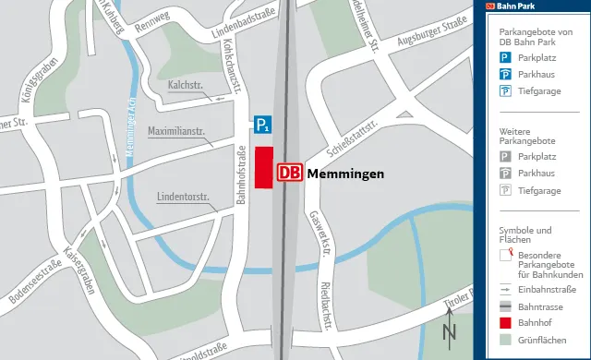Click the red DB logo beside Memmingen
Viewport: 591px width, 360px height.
click(x=289, y=173)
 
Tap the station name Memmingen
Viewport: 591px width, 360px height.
click(x=344, y=174)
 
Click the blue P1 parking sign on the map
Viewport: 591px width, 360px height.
click(x=264, y=125)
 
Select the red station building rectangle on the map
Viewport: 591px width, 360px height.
click(x=263, y=167)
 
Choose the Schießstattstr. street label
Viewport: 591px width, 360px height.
click(x=353, y=139)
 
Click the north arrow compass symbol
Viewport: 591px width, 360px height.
click(x=450, y=325)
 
